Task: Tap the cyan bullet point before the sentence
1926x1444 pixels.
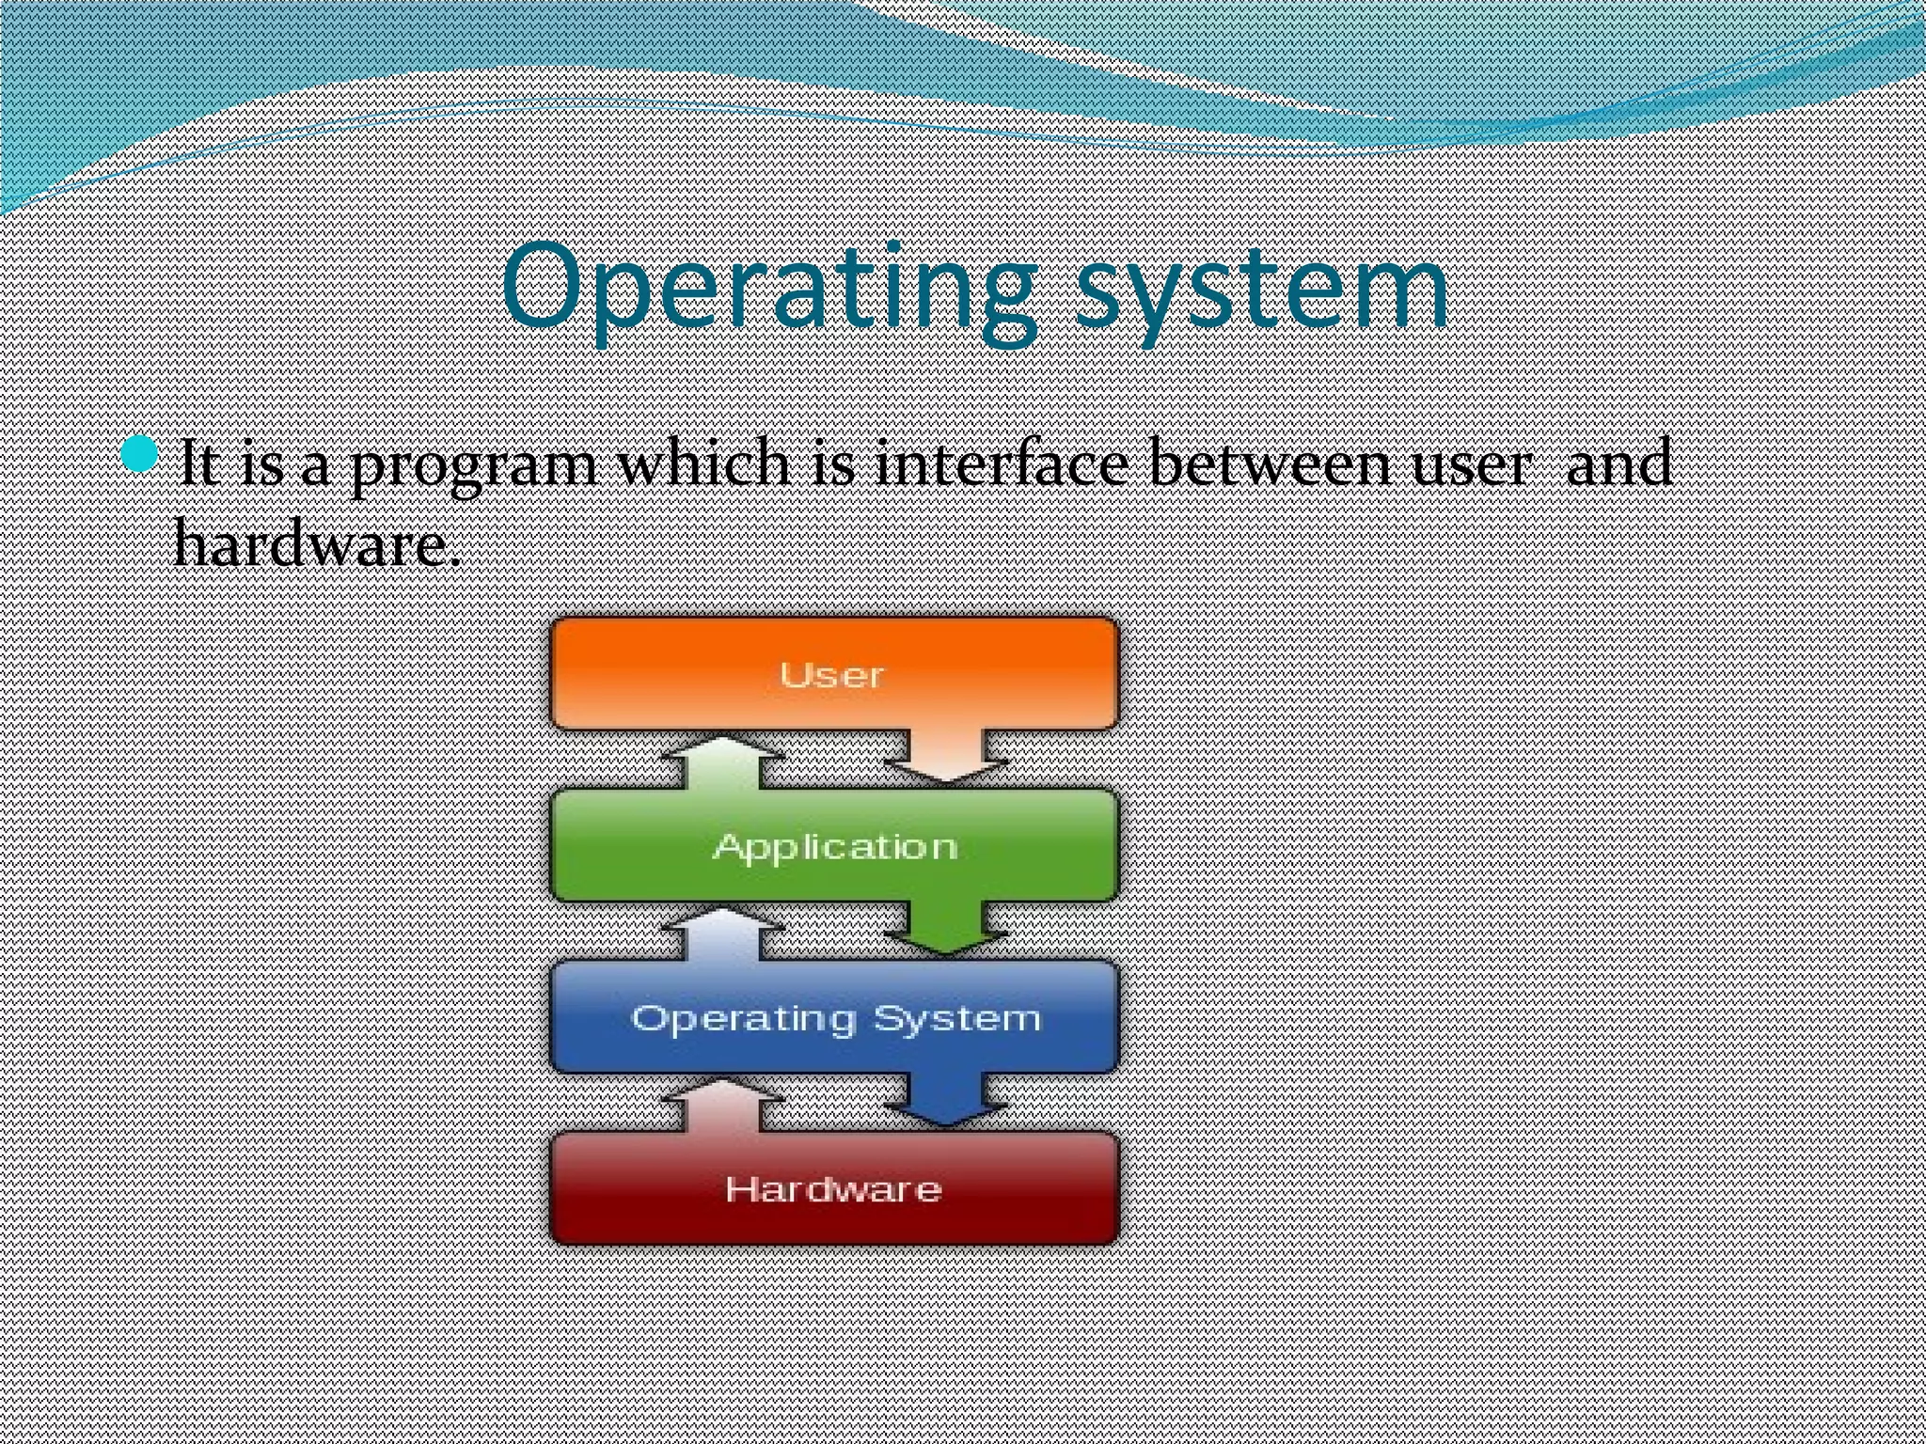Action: click(x=139, y=455)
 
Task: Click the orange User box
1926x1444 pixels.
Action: click(x=833, y=673)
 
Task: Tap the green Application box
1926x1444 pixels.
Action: click(x=833, y=845)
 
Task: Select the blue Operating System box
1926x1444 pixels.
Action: click(x=833, y=1017)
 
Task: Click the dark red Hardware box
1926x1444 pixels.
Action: click(x=833, y=1188)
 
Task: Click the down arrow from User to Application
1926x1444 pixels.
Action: click(x=946, y=757)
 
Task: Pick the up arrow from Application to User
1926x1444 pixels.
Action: click(x=721, y=761)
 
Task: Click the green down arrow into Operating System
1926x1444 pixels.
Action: click(x=946, y=929)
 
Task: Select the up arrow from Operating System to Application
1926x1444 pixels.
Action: click(x=721, y=934)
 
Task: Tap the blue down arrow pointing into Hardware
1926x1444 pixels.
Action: click(x=946, y=1100)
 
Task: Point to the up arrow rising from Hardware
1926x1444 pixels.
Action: click(x=721, y=1106)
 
